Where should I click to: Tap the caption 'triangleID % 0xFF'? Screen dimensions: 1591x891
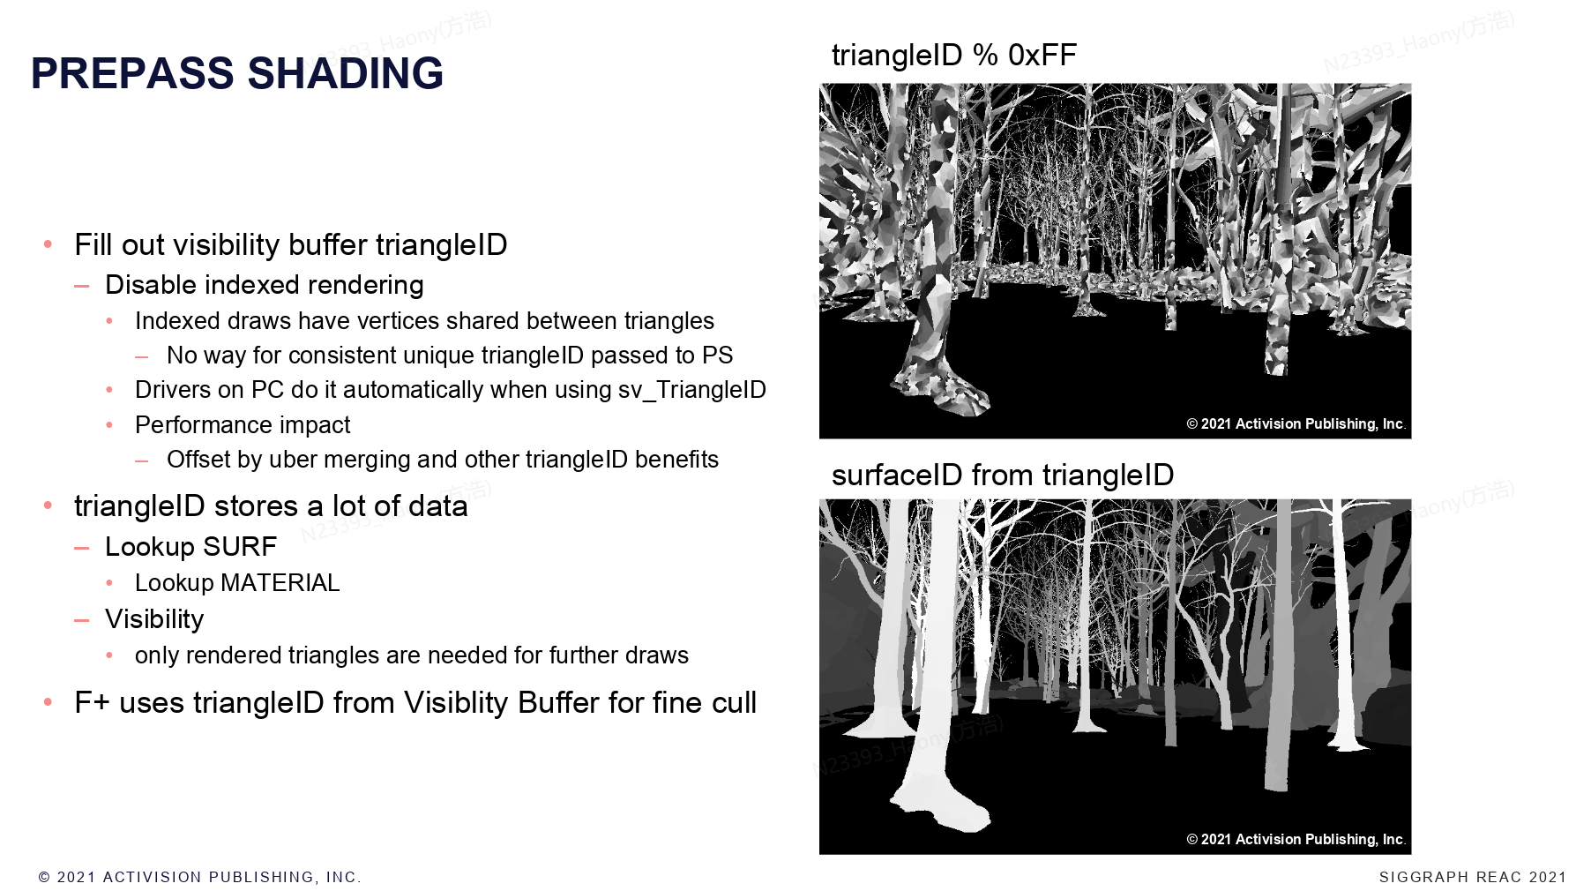tap(954, 55)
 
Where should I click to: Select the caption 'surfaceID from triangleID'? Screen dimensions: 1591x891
tap(1003, 475)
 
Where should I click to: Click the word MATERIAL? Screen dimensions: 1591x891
tap(280, 583)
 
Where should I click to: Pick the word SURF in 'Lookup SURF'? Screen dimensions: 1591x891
tap(240, 547)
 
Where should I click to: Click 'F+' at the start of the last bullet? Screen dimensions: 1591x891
tap(92, 703)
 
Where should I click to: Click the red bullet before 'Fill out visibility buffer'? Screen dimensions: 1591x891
tap(49, 243)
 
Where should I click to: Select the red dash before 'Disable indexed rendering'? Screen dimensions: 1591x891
tap(82, 286)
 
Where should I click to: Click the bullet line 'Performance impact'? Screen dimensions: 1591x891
tap(243, 425)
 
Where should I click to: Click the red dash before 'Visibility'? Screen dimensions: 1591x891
tap(82, 620)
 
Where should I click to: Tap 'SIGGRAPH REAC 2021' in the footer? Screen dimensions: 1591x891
tap(1473, 877)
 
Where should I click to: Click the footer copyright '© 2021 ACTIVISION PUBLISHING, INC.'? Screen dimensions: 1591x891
tap(200, 877)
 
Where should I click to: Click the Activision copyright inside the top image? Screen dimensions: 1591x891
tap(1296, 424)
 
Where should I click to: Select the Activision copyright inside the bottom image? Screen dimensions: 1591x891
tap(1296, 840)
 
